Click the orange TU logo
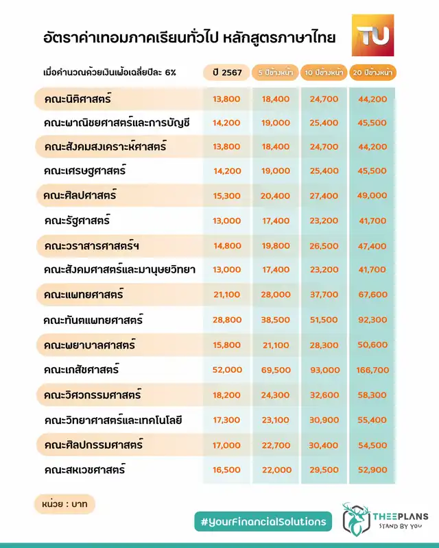(372, 35)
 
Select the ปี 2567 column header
(226, 72)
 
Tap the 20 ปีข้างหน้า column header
(372, 72)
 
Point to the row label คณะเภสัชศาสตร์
(81, 370)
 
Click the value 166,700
(373, 370)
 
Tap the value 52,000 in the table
(227, 370)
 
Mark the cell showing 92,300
(373, 321)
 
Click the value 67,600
(373, 295)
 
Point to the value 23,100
(276, 420)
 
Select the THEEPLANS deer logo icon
(355, 521)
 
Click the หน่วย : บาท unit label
(64, 504)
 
